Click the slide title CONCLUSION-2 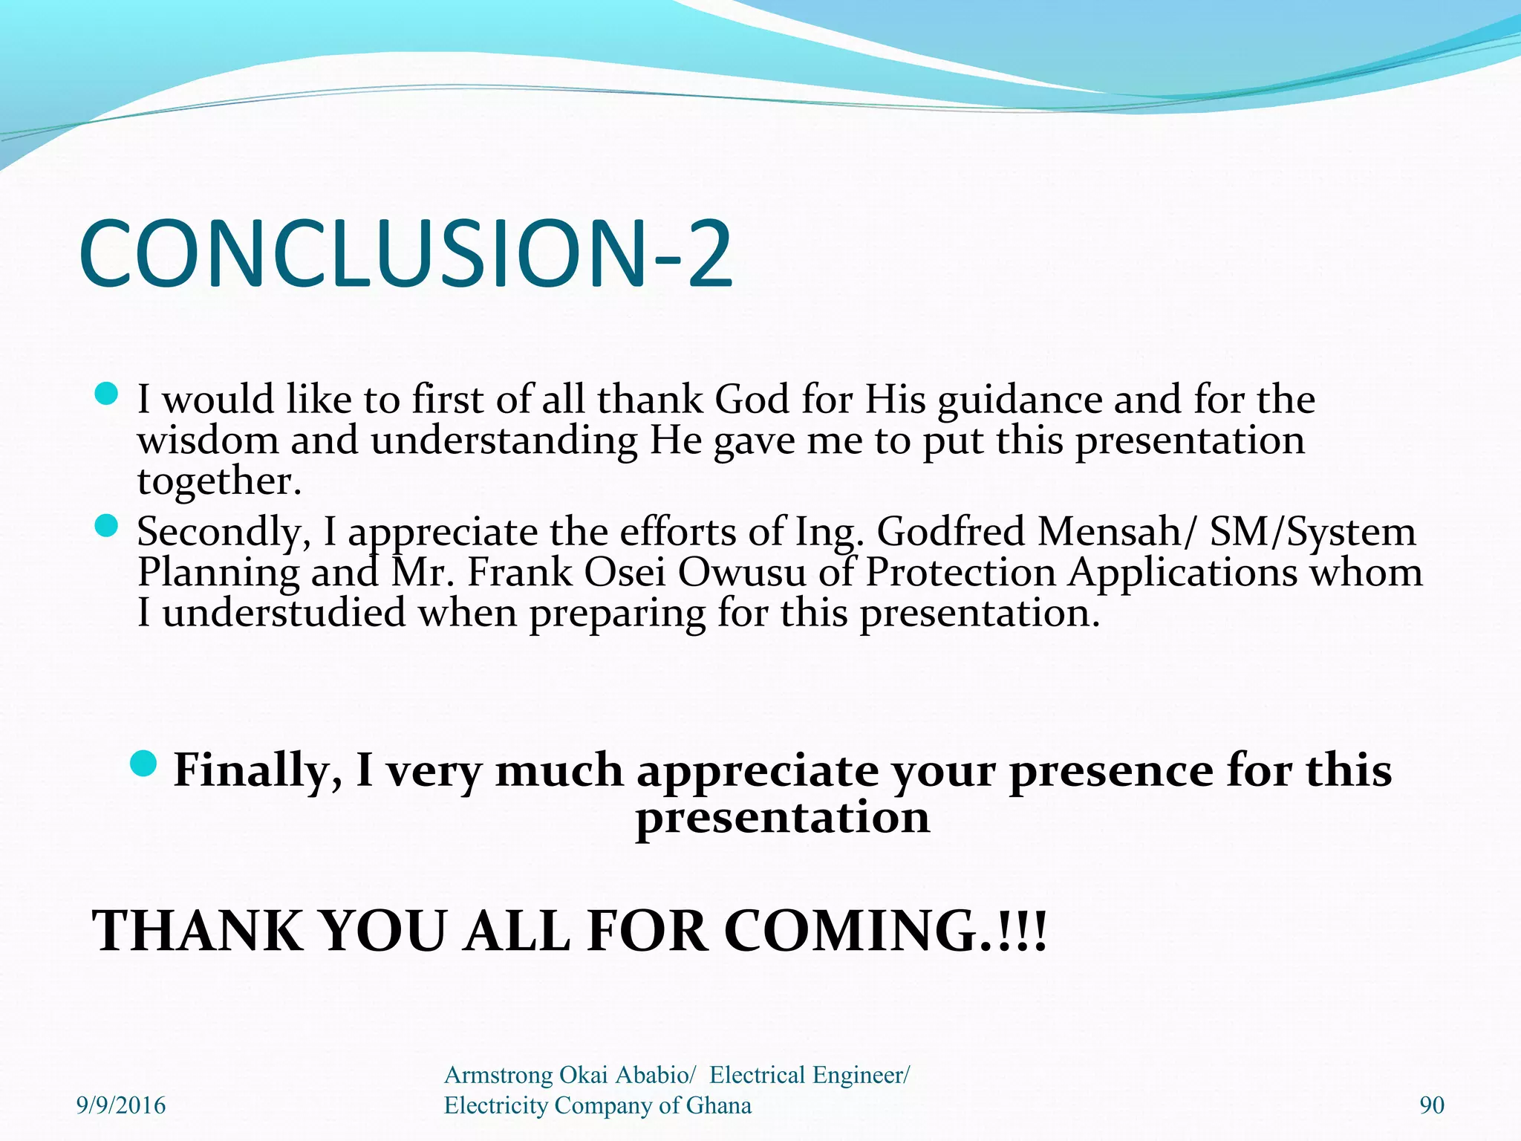click(x=406, y=253)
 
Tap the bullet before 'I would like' click(x=107, y=394)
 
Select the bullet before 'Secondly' click(x=107, y=526)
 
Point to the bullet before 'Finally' click(x=143, y=762)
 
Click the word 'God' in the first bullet click(x=751, y=400)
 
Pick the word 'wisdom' click(x=208, y=440)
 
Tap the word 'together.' click(x=220, y=481)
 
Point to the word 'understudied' click(x=284, y=614)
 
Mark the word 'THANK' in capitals click(x=198, y=931)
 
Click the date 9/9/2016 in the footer click(x=121, y=1105)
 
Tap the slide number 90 click(x=1432, y=1105)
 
